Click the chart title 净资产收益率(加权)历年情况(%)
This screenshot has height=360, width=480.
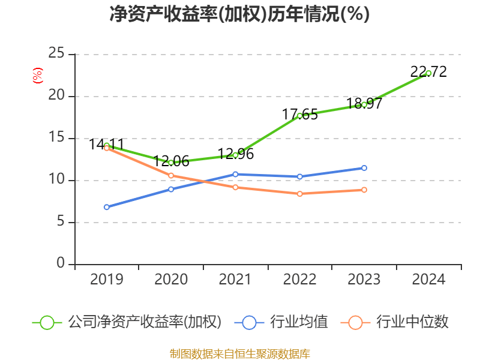tap(239, 14)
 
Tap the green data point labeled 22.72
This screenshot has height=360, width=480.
tap(428, 73)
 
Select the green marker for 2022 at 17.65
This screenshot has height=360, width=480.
tap(300, 115)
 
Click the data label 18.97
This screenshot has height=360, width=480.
tap(364, 104)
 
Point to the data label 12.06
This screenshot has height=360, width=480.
tap(172, 161)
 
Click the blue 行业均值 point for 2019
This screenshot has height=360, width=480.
tap(107, 207)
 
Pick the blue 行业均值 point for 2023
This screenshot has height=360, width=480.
tap(364, 168)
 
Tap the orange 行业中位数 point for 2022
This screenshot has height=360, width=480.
tap(300, 194)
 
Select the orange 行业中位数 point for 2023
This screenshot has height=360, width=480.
tap(364, 190)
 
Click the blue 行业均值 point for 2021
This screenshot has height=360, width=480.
tap(235, 174)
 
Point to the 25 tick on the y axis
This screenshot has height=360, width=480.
tap(56, 54)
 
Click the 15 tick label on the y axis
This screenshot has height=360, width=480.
tap(56, 138)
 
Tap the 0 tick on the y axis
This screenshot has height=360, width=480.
tap(61, 264)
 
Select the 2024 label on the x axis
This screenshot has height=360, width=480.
tap(428, 280)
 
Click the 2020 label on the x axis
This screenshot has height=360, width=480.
tap(171, 280)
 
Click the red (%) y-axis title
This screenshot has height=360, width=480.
tap(37, 75)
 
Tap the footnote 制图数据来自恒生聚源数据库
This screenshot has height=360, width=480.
tap(239, 353)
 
